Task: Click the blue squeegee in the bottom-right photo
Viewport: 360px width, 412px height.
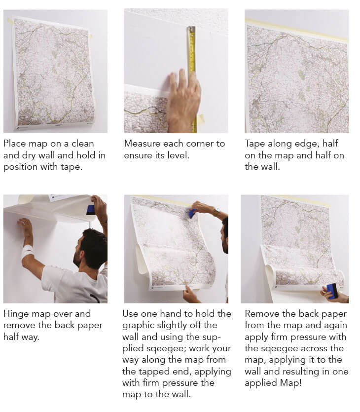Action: [332, 291]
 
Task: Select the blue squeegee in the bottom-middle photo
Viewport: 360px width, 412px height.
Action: [193, 213]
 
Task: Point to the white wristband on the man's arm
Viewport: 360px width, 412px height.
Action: [28, 251]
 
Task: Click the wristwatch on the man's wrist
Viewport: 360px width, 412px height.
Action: [216, 211]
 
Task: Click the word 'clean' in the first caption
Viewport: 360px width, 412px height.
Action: [83, 144]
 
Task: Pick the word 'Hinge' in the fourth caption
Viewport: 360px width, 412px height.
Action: [16, 314]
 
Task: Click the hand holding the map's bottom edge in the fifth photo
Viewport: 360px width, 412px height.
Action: [191, 294]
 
